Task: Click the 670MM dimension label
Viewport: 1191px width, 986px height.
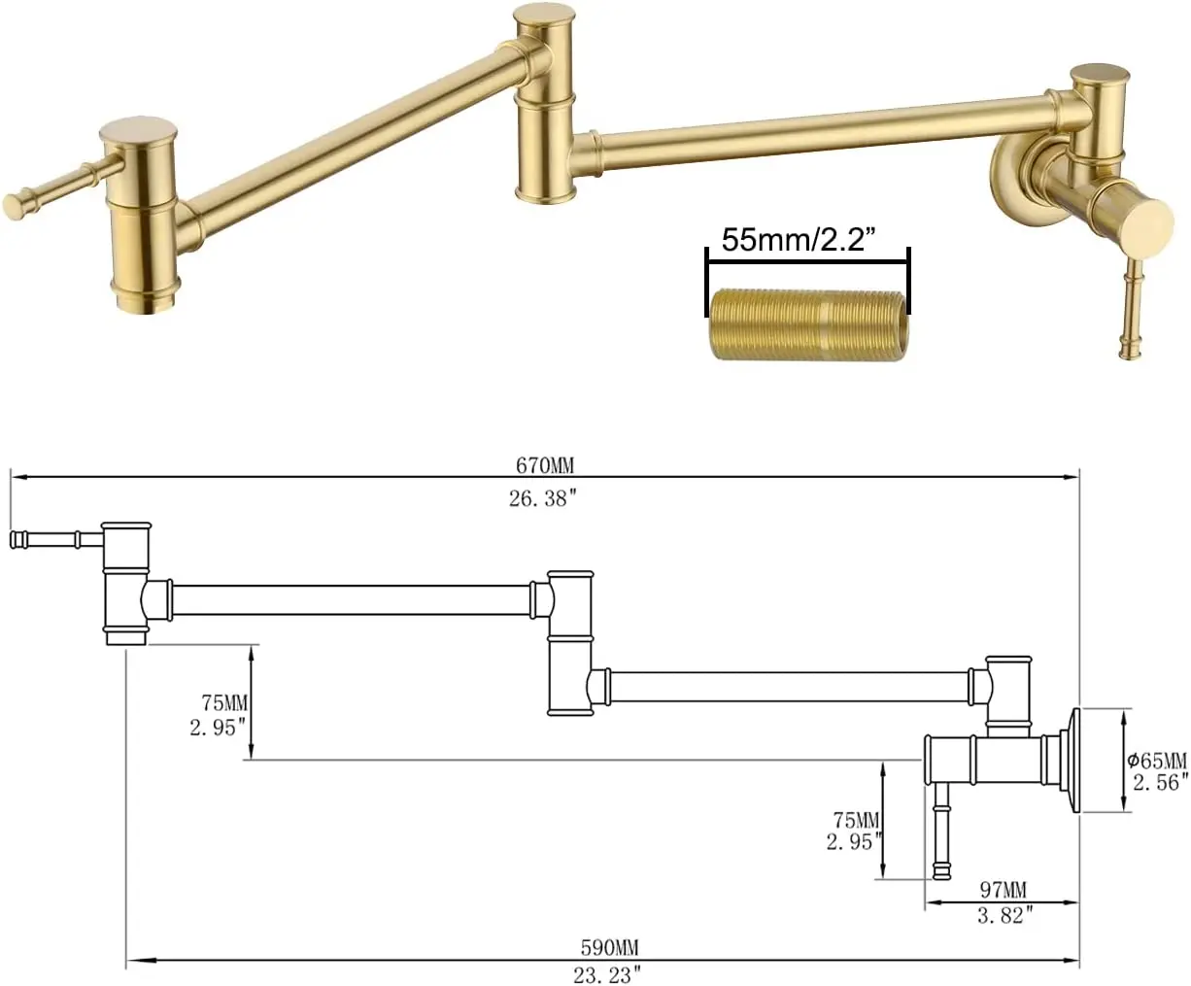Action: pos(544,466)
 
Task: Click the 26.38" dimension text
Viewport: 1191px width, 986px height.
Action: pos(544,497)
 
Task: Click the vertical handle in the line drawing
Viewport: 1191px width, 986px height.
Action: pos(940,826)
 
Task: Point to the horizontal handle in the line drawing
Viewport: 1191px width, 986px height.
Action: pos(53,538)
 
